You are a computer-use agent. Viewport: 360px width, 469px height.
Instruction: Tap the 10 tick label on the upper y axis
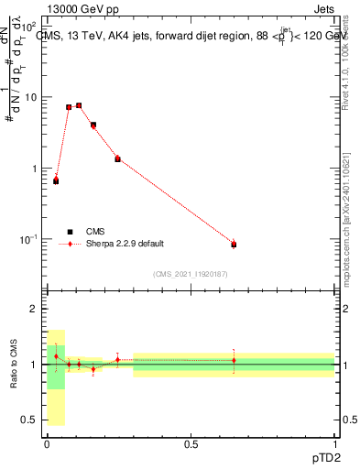(x=29, y=97)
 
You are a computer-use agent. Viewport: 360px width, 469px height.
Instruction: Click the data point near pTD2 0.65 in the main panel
(x=234, y=245)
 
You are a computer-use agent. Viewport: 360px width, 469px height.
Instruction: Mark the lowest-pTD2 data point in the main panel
(x=56, y=180)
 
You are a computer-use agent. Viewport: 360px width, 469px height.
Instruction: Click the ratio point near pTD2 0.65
(x=234, y=360)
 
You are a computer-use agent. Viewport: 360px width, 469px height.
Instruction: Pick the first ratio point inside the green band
(x=56, y=356)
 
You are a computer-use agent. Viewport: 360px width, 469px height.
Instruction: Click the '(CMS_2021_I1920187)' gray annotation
(x=191, y=273)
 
